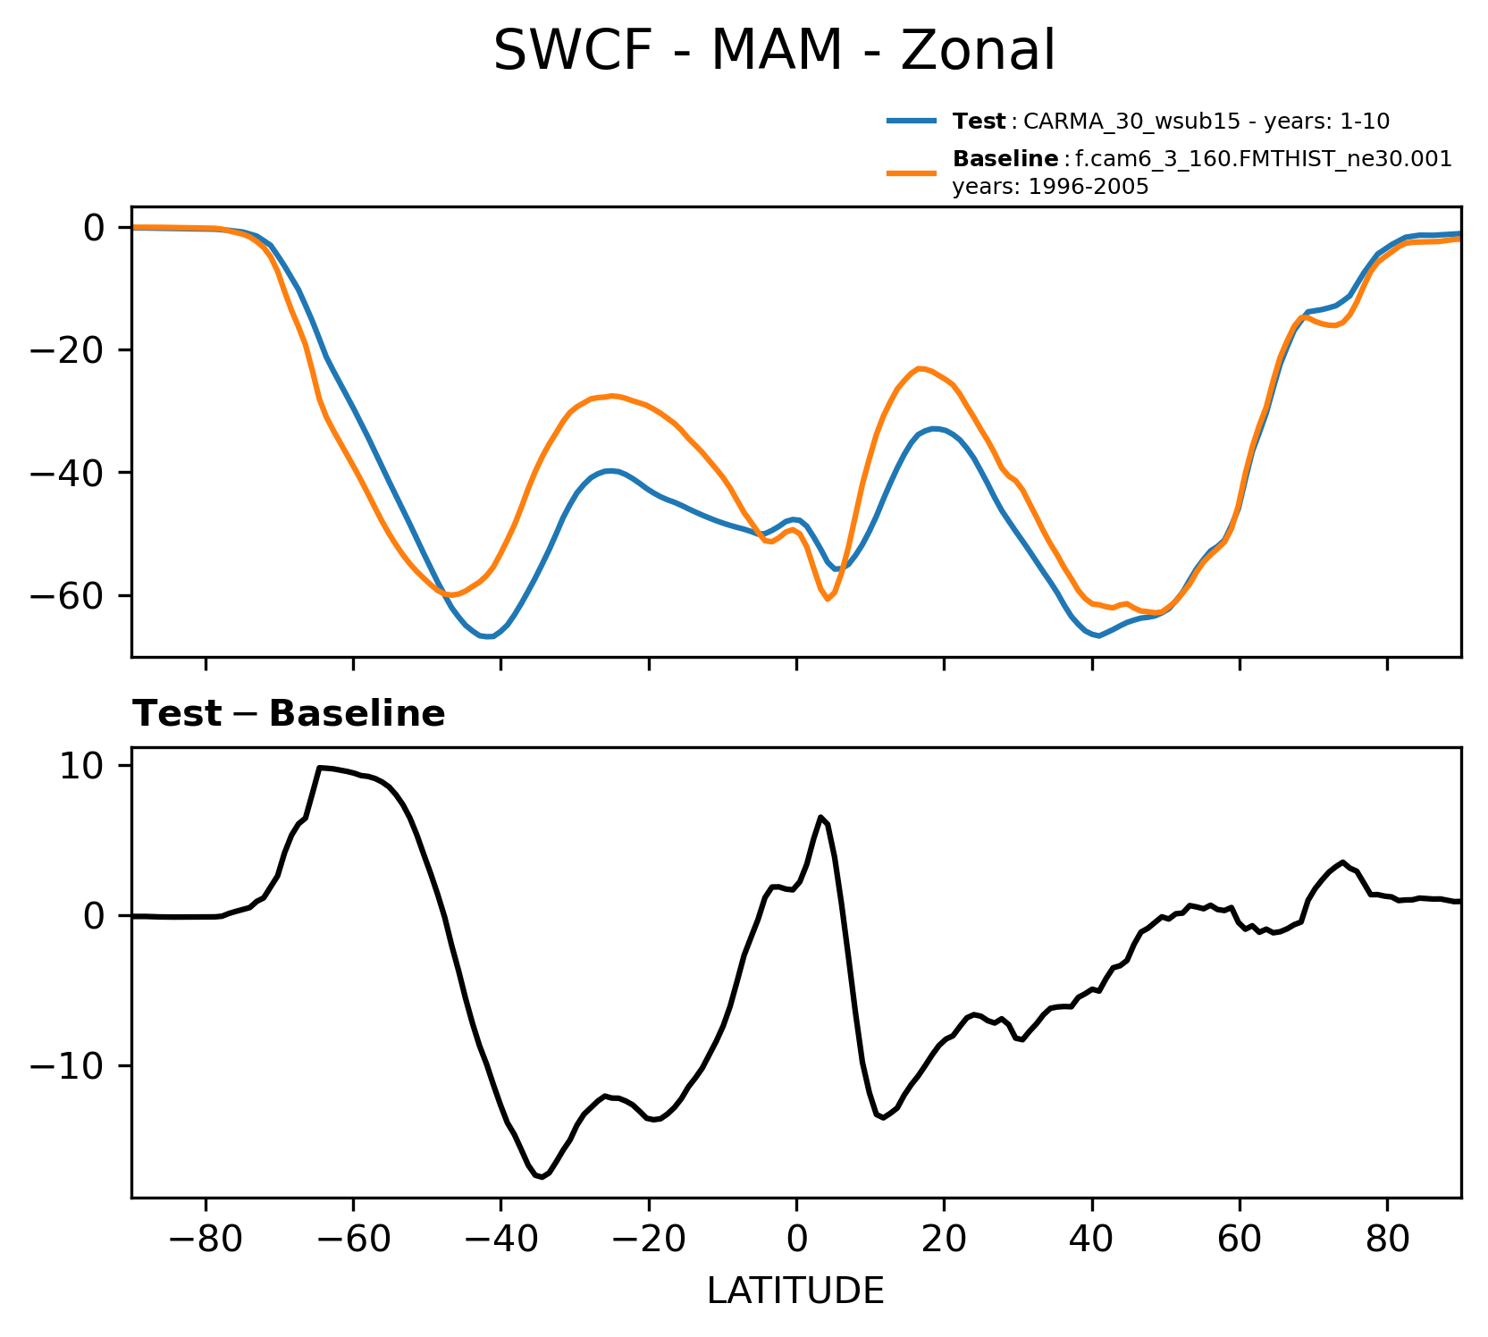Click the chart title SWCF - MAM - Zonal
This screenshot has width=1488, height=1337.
[774, 51]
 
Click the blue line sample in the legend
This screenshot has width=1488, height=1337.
[912, 121]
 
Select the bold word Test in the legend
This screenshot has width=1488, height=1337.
[979, 121]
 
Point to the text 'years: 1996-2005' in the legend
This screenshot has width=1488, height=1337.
[1050, 188]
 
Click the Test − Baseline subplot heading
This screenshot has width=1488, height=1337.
[289, 714]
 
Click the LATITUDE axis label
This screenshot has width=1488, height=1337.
[795, 1291]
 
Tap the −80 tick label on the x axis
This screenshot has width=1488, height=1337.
[206, 1240]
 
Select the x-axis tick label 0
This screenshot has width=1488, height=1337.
[796, 1240]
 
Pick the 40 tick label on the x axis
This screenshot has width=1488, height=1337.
[1091, 1240]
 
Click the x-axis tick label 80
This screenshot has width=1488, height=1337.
[1387, 1240]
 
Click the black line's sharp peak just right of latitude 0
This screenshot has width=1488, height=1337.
[820, 817]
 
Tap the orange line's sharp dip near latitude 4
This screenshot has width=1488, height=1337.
[827, 599]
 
